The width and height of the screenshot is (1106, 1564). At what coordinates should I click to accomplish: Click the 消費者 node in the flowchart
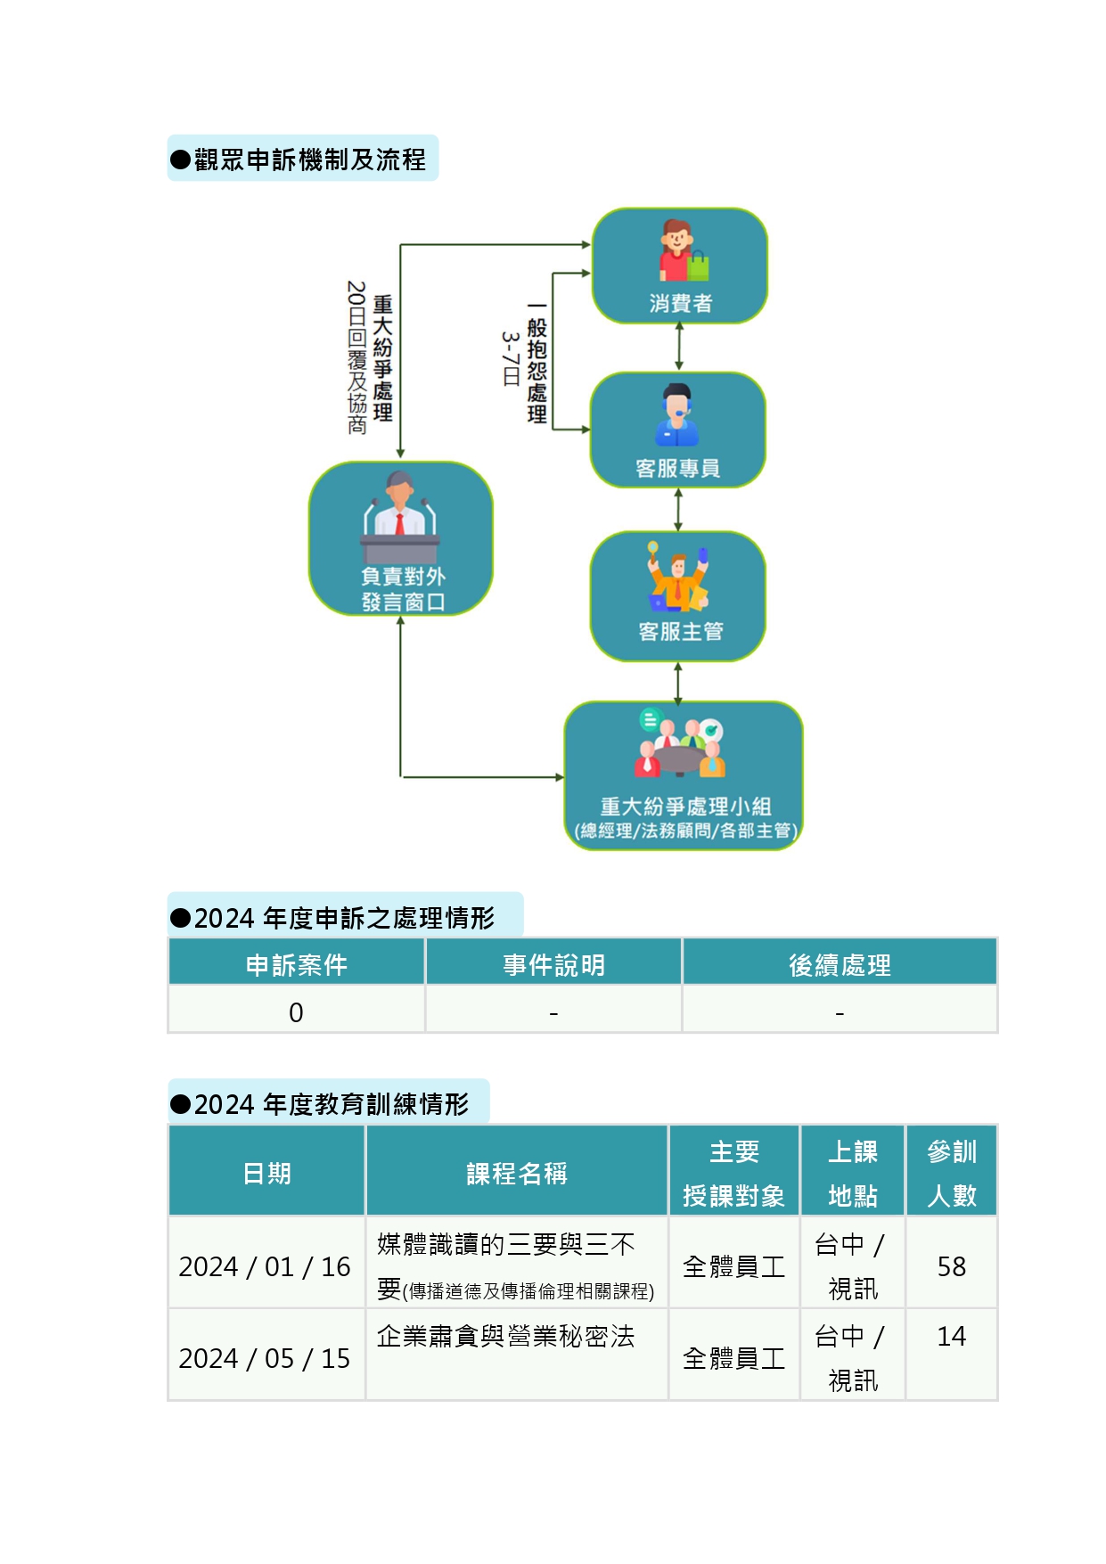click(679, 266)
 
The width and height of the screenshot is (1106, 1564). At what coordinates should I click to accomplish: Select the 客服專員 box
click(677, 430)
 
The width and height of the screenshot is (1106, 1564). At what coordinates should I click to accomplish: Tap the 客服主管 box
click(677, 596)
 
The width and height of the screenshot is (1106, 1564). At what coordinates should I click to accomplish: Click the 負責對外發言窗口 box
click(401, 538)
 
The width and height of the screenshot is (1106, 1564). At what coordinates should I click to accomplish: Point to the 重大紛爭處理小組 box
click(684, 775)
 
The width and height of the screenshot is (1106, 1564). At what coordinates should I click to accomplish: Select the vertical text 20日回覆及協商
click(356, 357)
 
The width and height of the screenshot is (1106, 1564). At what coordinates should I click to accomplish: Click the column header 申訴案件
click(296, 965)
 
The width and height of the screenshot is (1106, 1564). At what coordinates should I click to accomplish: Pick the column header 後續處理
click(840, 965)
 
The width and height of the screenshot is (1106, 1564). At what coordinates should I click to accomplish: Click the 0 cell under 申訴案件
click(296, 1012)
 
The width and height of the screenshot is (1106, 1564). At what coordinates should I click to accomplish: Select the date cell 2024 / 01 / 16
click(265, 1266)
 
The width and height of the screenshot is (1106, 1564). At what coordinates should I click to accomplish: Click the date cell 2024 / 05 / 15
click(265, 1358)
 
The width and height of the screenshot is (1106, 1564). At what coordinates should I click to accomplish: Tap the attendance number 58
click(951, 1266)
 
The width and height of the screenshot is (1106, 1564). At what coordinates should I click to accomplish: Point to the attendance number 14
click(951, 1336)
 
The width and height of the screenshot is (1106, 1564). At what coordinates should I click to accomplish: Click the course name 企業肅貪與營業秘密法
click(505, 1336)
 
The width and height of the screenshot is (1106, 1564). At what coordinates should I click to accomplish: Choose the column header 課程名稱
click(517, 1174)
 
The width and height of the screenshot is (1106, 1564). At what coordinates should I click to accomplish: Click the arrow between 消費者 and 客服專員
click(679, 347)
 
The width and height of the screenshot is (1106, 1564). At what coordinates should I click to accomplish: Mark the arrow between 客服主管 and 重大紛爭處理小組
click(678, 682)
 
